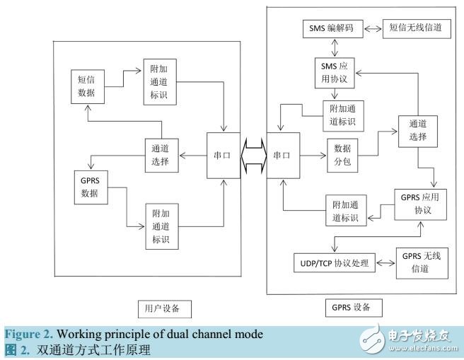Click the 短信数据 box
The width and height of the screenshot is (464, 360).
pyautogui.click(x=88, y=87)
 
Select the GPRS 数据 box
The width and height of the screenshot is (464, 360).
pyautogui.click(x=91, y=187)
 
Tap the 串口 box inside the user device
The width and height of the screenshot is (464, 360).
pyautogui.click(x=224, y=156)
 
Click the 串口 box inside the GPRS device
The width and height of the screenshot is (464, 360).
pyautogui.click(x=283, y=156)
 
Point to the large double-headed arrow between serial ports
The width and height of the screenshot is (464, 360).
pyautogui.click(x=254, y=156)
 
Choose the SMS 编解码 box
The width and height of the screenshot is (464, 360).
pyautogui.click(x=333, y=29)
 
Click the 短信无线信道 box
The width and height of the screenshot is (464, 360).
pyautogui.click(x=417, y=29)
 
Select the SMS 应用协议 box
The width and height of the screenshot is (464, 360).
pyautogui.click(x=335, y=73)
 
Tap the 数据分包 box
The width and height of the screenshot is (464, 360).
pyautogui.click(x=342, y=156)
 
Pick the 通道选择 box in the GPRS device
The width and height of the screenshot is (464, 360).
pyautogui.click(x=418, y=132)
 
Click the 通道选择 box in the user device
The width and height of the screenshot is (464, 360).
pyautogui.click(x=161, y=156)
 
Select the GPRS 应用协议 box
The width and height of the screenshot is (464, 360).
pyautogui.click(x=420, y=204)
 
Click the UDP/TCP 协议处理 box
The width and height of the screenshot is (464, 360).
pyautogui.click(x=335, y=262)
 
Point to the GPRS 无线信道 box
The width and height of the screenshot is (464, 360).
pyautogui.click(x=422, y=263)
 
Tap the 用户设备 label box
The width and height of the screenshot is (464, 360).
pyautogui.click(x=165, y=309)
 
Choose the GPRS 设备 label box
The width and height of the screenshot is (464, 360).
pyautogui.click(x=354, y=308)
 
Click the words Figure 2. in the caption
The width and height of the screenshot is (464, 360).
pyautogui.click(x=29, y=335)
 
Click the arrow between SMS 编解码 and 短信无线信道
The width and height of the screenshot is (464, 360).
pyautogui.click(x=373, y=29)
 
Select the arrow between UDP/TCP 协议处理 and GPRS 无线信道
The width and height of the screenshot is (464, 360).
pyautogui.click(x=385, y=263)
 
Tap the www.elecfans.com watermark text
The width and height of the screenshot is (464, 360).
pyautogui.click(x=424, y=348)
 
